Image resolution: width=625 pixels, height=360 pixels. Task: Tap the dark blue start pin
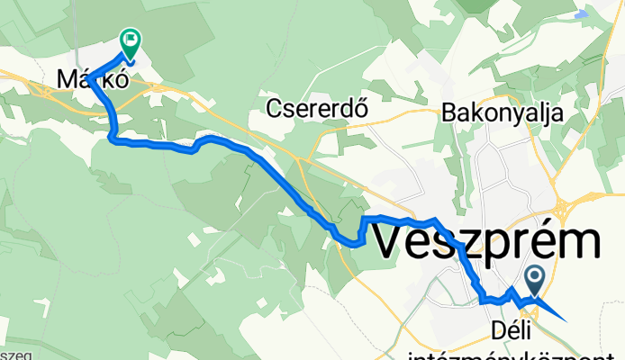click(x=535, y=279)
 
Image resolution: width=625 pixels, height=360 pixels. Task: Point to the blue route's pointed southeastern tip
click(x=566, y=319)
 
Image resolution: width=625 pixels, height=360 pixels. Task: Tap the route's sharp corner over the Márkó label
click(x=89, y=76)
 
